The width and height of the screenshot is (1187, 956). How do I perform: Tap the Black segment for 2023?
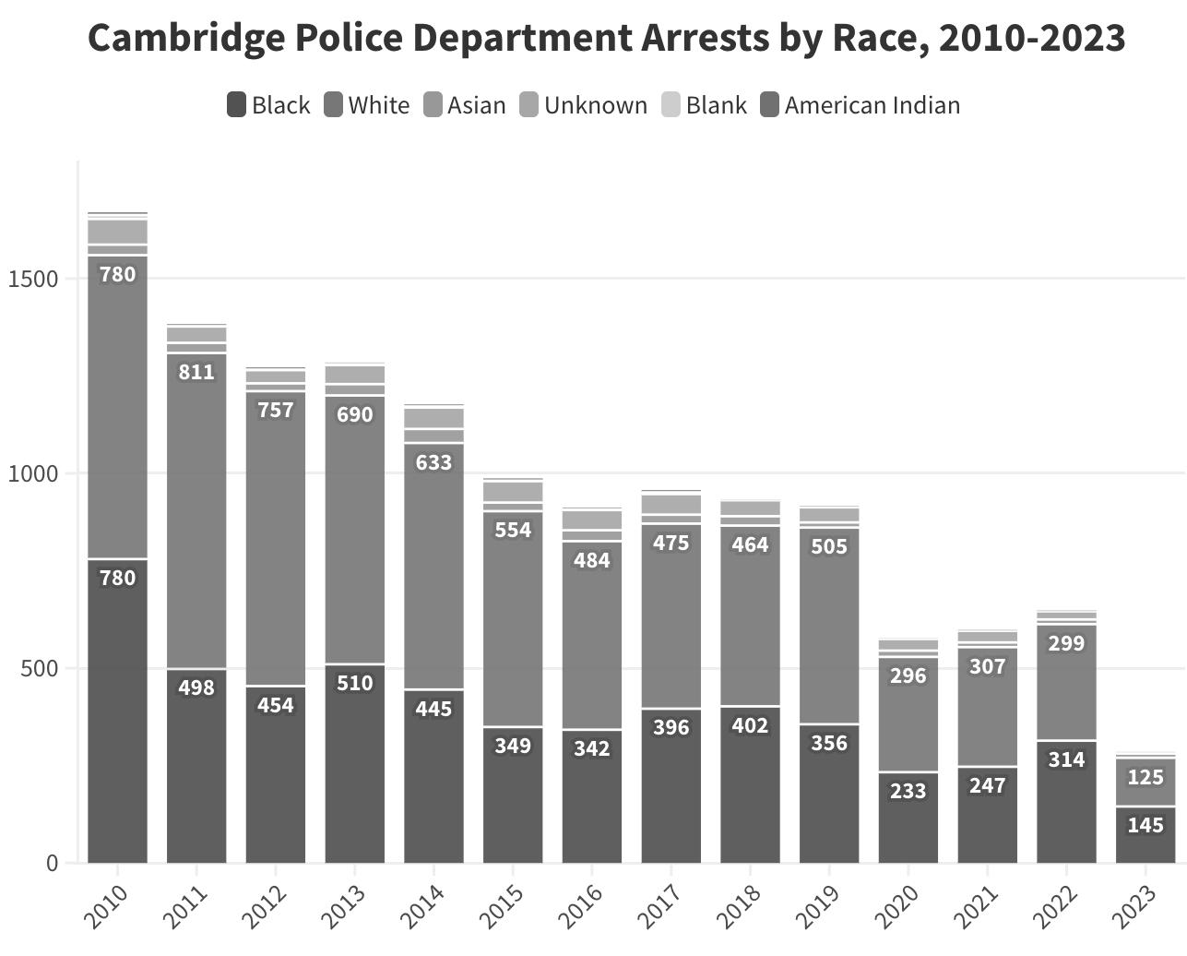1145,835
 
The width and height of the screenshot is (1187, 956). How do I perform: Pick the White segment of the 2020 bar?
908,720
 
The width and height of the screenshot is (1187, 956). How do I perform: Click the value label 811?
196,372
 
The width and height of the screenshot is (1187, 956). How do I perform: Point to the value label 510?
355,683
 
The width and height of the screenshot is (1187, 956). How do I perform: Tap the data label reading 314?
1066,759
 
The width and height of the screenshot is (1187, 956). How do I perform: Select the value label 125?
1145,777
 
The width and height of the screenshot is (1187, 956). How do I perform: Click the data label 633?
433,461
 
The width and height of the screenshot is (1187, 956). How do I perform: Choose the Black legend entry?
268,105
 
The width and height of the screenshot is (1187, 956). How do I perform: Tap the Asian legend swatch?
433,105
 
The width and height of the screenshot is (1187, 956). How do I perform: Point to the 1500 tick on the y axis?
33,279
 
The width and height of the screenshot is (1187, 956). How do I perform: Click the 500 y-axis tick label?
39,668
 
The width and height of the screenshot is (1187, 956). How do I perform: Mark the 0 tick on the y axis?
52,863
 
